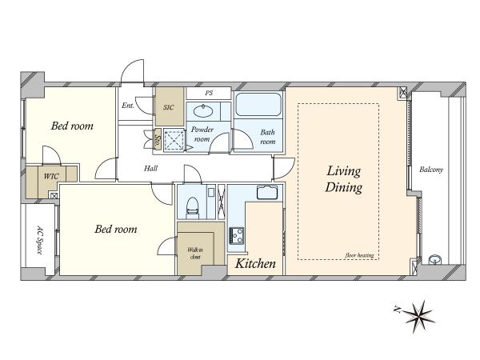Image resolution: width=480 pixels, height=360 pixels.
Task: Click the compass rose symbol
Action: [x=419, y=317]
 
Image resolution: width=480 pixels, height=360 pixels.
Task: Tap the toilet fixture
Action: [x=192, y=206]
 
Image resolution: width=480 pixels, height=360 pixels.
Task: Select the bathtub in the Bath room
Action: [x=258, y=104]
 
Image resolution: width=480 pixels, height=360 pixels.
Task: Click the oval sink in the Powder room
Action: [x=203, y=111]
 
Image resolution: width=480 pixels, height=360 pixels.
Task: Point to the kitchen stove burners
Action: [x=236, y=236]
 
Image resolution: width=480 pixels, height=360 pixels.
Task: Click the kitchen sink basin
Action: [x=267, y=192]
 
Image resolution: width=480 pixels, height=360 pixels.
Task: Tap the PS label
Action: [x=209, y=93]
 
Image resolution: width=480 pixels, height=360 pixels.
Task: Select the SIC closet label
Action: [x=169, y=107]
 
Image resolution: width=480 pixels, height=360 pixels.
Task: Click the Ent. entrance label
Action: [x=128, y=106]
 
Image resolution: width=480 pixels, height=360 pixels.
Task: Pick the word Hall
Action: [x=151, y=168]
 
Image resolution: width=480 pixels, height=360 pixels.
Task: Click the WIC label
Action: [x=51, y=176]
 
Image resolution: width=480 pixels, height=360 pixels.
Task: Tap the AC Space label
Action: [x=39, y=240]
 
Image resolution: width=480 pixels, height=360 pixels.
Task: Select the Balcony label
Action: [x=431, y=170]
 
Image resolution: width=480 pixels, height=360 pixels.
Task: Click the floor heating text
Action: [x=360, y=255]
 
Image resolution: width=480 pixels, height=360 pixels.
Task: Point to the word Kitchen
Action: [x=255, y=263]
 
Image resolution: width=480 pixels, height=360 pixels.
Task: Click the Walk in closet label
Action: [x=195, y=254]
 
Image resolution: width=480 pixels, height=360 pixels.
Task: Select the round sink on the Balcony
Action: [x=435, y=259]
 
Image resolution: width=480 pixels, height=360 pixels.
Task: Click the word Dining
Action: [x=344, y=187]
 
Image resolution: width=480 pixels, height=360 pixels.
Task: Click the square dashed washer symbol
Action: [x=174, y=140]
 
